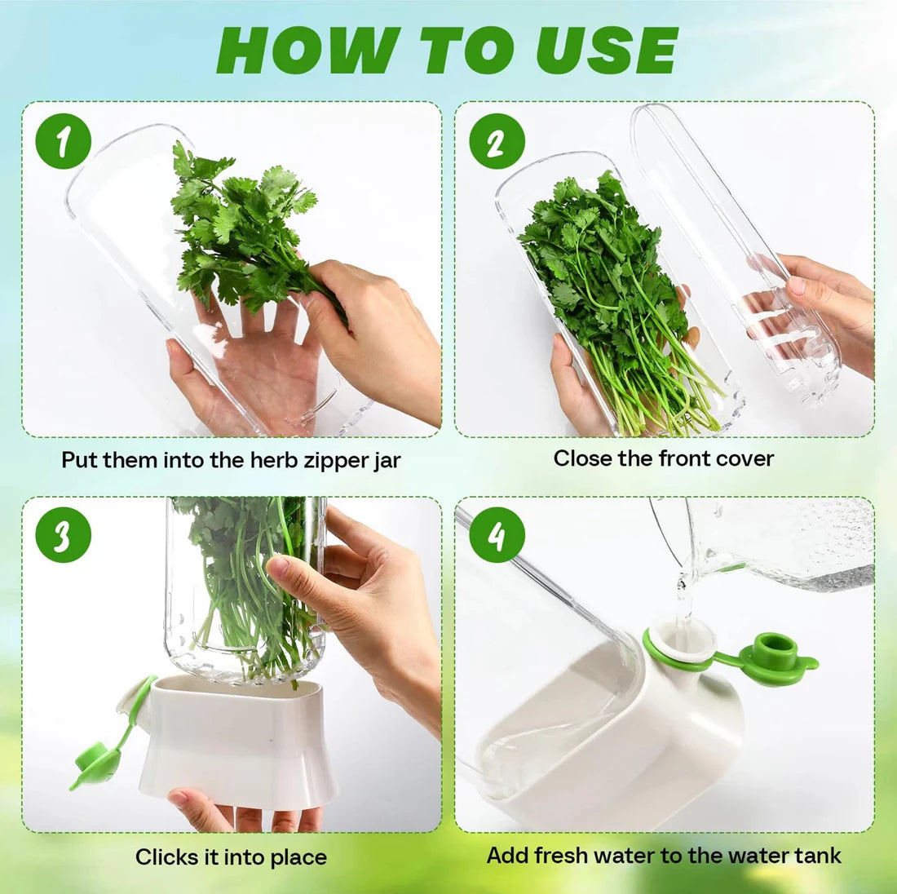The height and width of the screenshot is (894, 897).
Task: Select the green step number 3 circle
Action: click(x=62, y=535)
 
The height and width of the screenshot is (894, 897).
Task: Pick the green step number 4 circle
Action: click(x=496, y=535)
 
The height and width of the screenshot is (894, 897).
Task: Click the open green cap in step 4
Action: click(x=775, y=657)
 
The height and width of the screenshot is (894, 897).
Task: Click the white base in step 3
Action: click(x=236, y=738)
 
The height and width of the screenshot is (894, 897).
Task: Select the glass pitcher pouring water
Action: click(x=783, y=542)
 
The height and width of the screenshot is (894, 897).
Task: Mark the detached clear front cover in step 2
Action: click(x=726, y=245)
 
